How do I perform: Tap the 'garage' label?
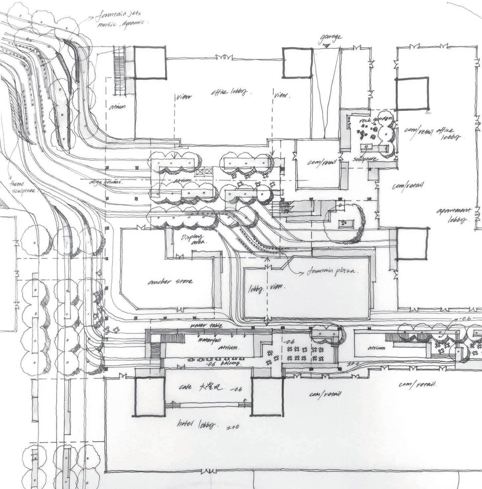(330, 37)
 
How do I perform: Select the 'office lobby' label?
(229, 93)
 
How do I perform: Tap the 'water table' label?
(206, 325)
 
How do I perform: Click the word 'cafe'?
(185, 387)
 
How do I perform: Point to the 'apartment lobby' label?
(456, 215)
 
